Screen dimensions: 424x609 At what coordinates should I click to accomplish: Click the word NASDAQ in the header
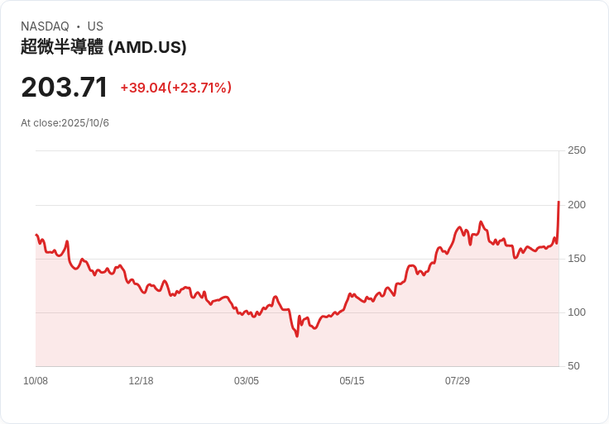[45, 26]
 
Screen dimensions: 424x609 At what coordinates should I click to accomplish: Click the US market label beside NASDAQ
[95, 26]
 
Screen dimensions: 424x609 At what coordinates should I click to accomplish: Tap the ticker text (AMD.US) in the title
[147, 47]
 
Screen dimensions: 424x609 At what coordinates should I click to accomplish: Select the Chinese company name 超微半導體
[62, 47]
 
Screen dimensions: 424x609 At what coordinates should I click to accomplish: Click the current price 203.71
[65, 88]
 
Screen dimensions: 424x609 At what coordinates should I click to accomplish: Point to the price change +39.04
[143, 88]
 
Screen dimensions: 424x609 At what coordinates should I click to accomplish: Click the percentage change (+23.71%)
[199, 88]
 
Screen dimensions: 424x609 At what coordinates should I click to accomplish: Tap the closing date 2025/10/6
[85, 123]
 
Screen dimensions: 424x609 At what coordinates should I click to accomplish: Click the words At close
[40, 123]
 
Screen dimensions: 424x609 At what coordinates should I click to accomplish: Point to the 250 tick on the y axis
[576, 150]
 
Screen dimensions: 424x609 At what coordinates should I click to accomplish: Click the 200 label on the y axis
[576, 205]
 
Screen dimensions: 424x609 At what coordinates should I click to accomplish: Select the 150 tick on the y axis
[576, 259]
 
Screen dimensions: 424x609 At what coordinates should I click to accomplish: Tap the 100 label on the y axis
[576, 312]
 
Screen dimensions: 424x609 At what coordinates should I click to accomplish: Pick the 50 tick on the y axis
[573, 366]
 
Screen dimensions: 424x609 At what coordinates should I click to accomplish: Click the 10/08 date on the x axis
[36, 381]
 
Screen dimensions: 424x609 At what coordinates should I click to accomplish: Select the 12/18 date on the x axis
[141, 381]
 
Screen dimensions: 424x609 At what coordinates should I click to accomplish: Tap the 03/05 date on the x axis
[247, 381]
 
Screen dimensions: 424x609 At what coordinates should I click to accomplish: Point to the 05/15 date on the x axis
[352, 381]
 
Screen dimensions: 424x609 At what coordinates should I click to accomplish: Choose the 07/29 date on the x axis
[458, 381]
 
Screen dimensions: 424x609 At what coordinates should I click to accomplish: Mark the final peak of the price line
[559, 202]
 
